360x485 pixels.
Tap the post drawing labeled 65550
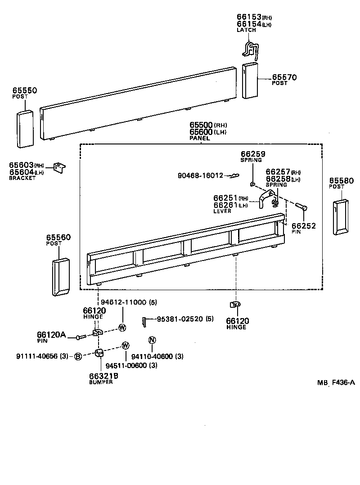click(x=25, y=128)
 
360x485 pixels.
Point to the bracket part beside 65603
click(x=59, y=167)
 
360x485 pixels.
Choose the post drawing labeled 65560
click(x=60, y=277)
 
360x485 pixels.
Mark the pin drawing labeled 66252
click(x=301, y=207)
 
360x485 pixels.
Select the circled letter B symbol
click(x=77, y=356)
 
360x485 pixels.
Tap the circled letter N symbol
click(x=152, y=340)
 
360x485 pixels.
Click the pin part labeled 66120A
click(x=81, y=337)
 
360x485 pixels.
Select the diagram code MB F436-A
click(x=336, y=383)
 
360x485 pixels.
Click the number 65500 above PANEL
click(x=201, y=125)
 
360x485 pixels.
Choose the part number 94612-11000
click(x=123, y=302)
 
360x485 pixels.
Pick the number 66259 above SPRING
click(x=253, y=154)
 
